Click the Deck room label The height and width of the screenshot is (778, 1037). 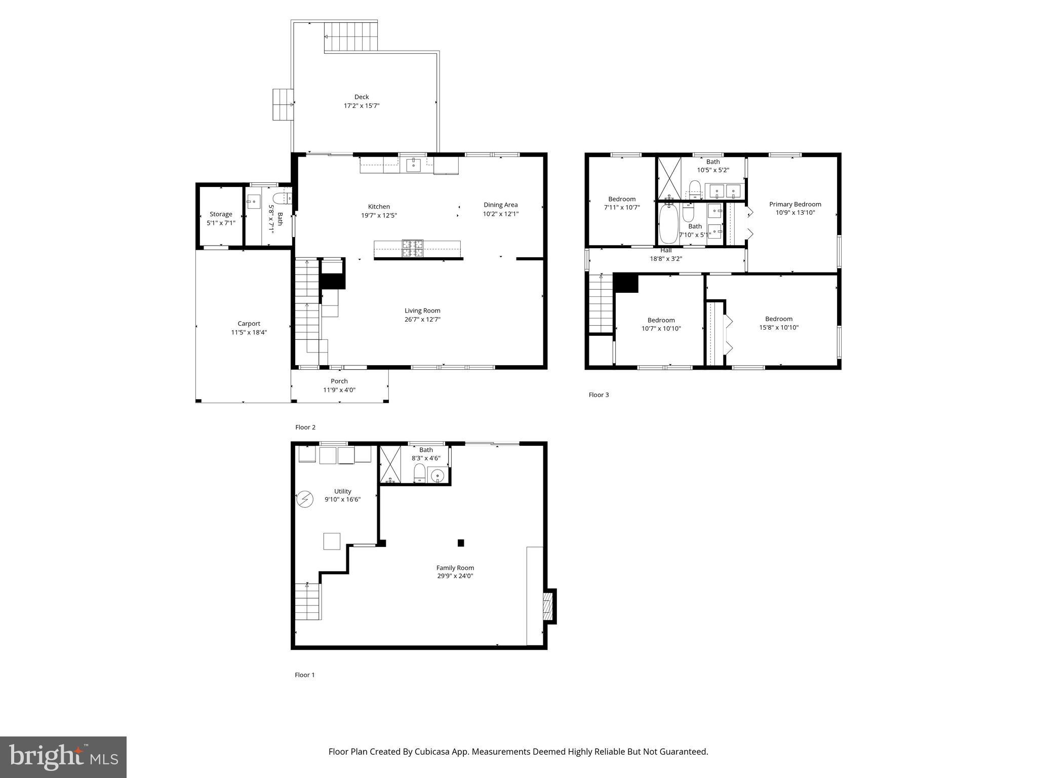tap(362, 97)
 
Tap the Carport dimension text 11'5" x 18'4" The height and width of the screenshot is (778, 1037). tap(249, 332)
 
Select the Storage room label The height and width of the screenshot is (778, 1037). tap(221, 214)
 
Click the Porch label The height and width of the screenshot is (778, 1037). tap(339, 381)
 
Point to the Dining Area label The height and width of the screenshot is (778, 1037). tap(500, 205)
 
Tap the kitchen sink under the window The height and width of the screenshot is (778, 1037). tap(414, 165)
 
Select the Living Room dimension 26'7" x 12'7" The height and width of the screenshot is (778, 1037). tap(422, 320)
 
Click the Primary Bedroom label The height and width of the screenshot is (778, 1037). tap(795, 204)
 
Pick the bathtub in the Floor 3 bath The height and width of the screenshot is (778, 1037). tap(669, 223)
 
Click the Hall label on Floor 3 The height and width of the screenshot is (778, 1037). tap(666, 250)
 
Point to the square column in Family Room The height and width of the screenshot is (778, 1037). tap(461, 543)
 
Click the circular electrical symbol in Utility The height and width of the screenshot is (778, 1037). tap(304, 499)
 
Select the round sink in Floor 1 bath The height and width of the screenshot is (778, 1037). tap(437, 475)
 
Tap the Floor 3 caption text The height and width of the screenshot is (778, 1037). tap(599, 395)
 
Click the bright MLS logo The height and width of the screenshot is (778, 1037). tap(63, 757)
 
